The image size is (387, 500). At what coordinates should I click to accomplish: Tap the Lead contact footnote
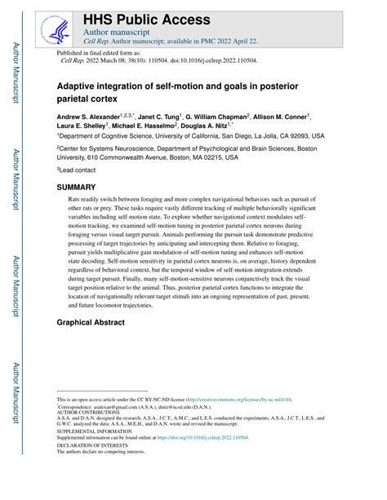click(78, 170)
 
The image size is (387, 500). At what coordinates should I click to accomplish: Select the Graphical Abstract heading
click(91, 323)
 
